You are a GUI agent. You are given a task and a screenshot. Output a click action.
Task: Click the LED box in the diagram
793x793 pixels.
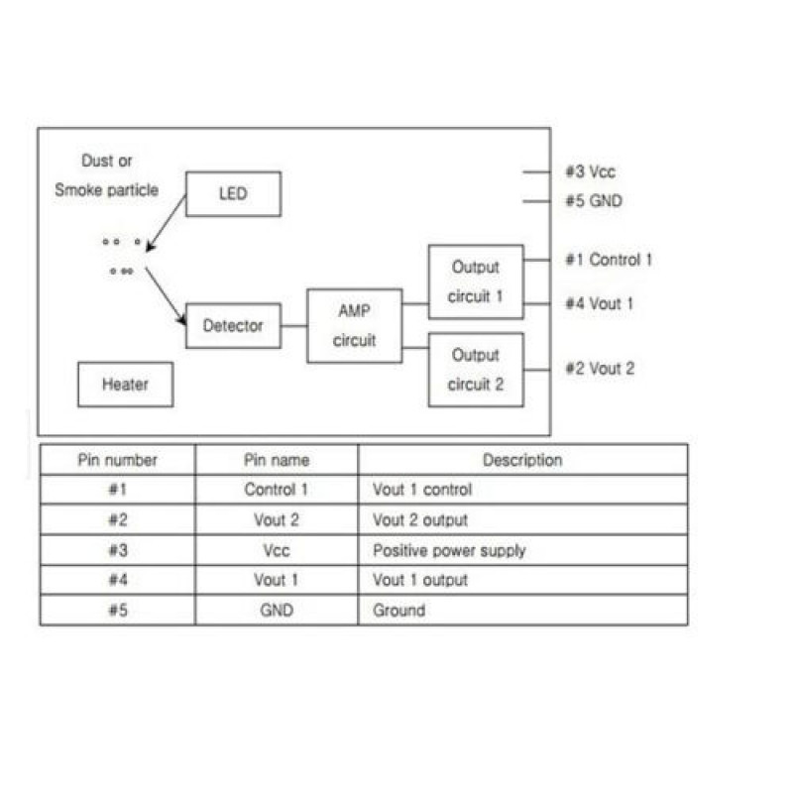point(233,194)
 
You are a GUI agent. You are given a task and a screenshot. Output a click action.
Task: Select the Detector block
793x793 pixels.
point(233,325)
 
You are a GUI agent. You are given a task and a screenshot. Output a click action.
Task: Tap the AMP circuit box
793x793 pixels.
point(355,325)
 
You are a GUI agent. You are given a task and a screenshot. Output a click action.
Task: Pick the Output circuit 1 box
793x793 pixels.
point(476,282)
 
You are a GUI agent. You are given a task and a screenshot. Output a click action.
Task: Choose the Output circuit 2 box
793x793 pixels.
point(476,370)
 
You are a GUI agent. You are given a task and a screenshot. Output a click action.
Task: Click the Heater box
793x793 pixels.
point(125,385)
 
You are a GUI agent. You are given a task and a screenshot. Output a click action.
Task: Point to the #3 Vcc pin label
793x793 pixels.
point(591,172)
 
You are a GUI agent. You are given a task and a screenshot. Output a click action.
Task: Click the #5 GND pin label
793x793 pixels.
point(593,201)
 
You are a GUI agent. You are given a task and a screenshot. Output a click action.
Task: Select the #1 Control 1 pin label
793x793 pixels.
point(609,260)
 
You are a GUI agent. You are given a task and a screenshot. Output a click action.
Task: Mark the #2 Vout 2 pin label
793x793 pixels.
point(600,369)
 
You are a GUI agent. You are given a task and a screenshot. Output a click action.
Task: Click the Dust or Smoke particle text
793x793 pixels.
point(106,175)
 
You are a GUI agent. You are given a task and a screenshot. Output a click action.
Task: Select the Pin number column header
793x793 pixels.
point(117,460)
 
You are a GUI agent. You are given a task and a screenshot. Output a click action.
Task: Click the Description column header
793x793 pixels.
point(522,460)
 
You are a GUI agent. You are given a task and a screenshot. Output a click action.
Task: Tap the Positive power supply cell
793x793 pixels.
point(449,550)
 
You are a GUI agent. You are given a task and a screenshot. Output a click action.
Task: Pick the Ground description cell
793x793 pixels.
point(398,611)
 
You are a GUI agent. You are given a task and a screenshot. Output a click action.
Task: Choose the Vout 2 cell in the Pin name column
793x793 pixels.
point(277,519)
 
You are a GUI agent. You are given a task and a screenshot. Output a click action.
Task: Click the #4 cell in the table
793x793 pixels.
point(117,580)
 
